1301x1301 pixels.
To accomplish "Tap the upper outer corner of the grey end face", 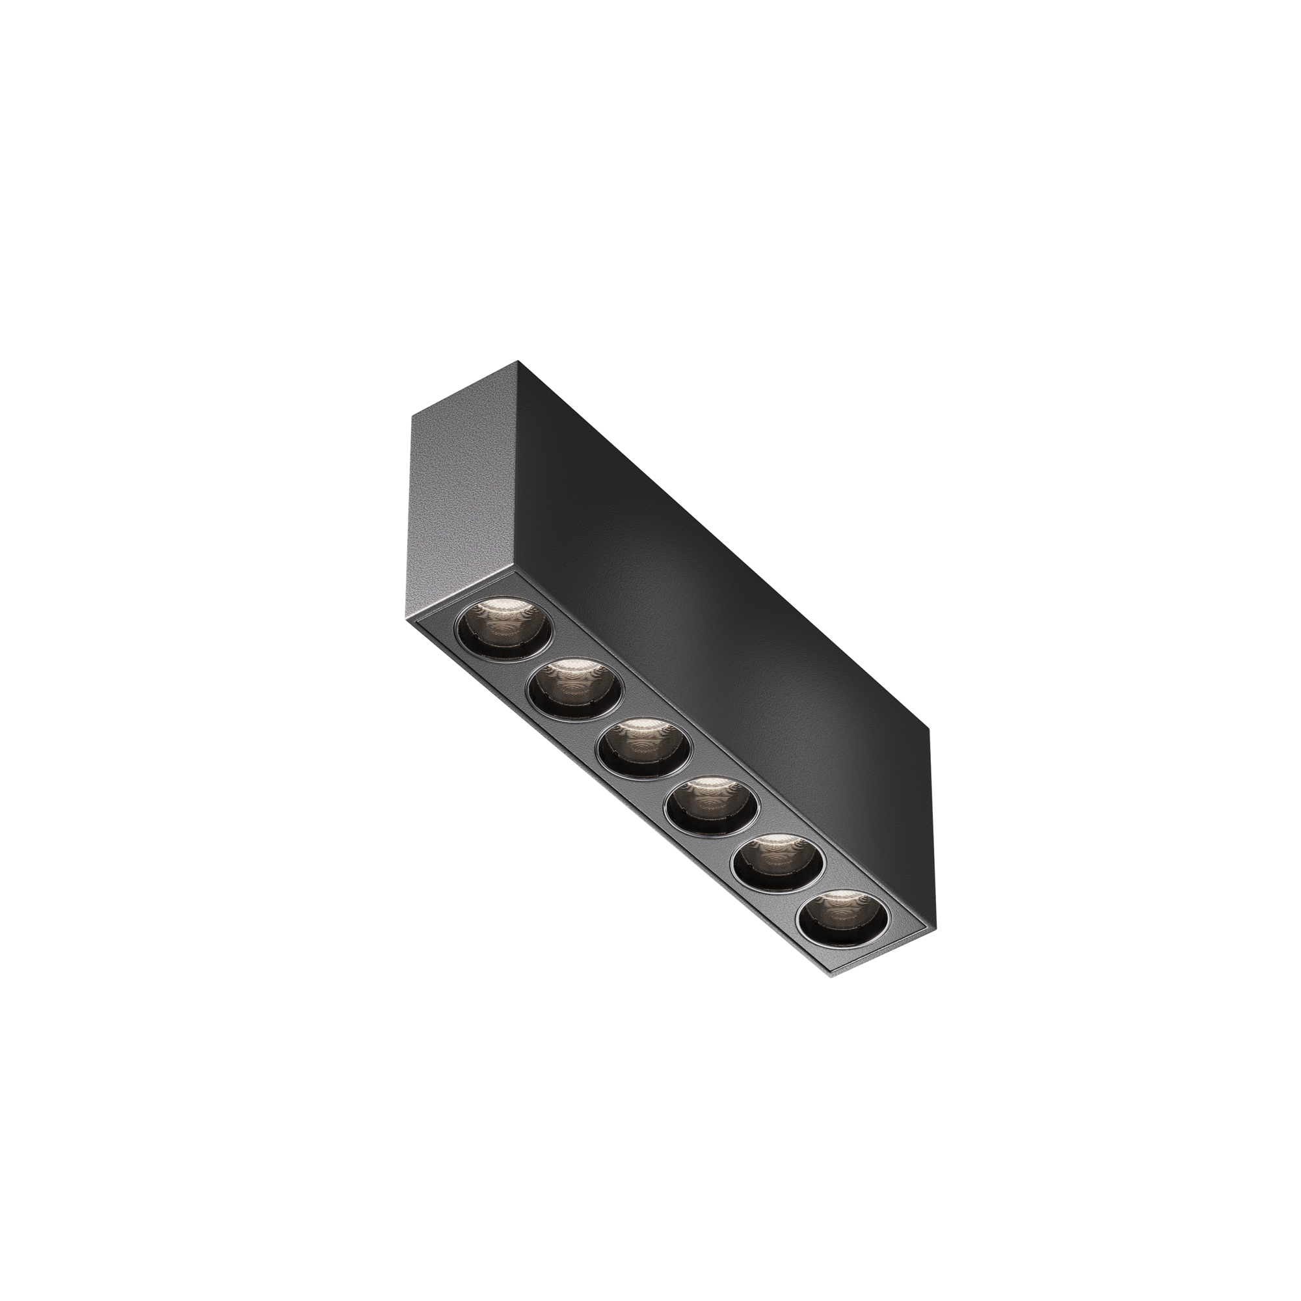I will point(412,415).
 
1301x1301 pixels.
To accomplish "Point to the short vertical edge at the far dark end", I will point(930,808).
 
